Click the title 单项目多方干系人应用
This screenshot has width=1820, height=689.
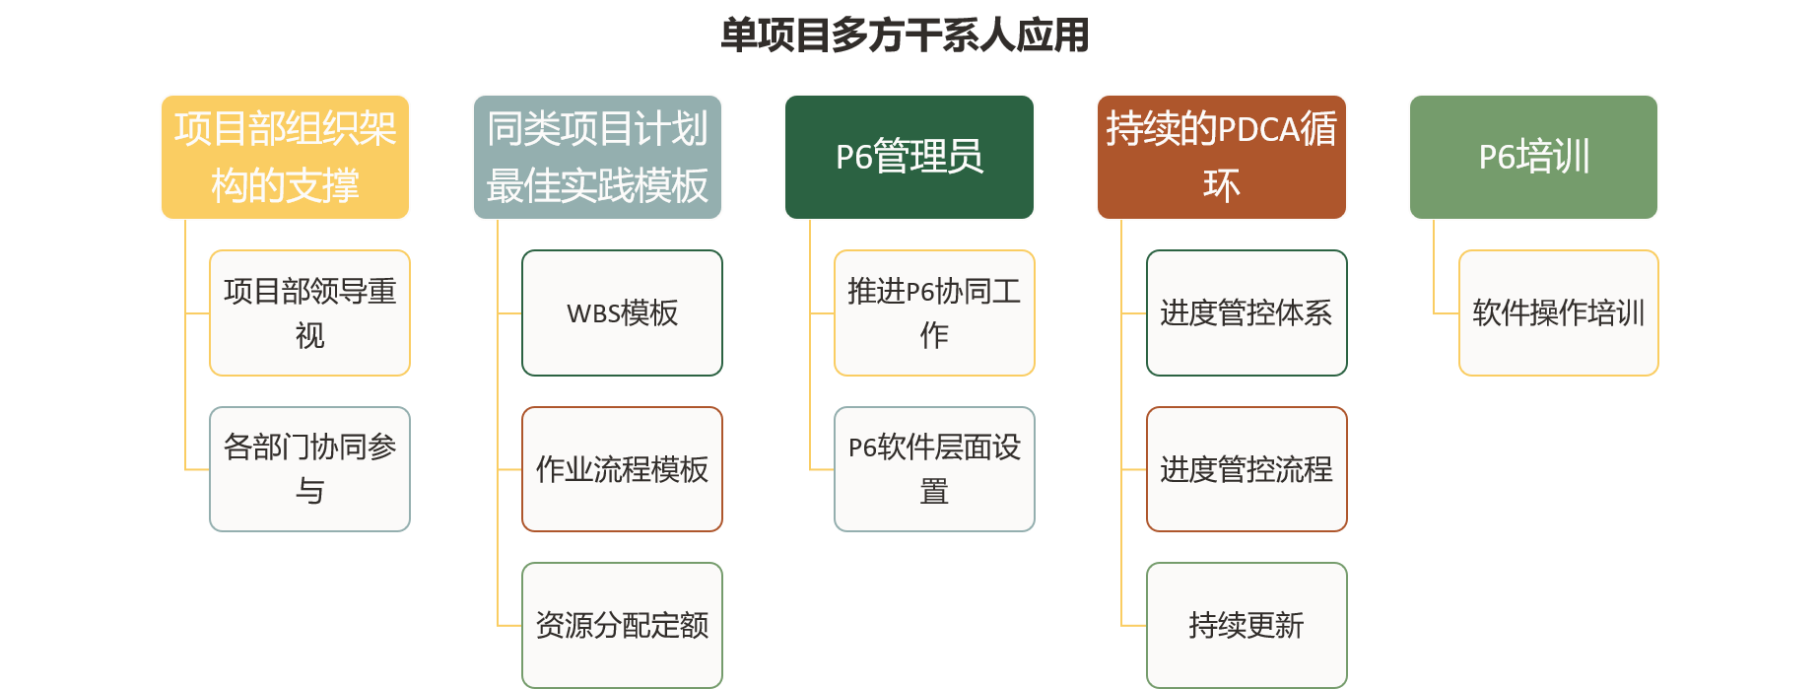(905, 35)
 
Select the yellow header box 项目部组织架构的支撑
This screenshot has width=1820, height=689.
(285, 157)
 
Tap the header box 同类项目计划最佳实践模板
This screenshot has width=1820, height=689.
(597, 157)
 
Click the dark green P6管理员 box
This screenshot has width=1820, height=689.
(909, 157)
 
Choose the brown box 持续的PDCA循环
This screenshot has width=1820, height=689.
(1221, 157)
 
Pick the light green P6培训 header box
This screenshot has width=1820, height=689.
(1533, 157)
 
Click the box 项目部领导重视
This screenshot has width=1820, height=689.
(309, 312)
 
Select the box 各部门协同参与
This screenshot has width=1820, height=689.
(309, 469)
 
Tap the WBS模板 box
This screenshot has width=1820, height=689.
(622, 312)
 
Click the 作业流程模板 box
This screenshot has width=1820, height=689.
(622, 469)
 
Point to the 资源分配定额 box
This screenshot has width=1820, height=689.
(622, 625)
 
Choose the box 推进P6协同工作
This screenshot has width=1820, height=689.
(934, 312)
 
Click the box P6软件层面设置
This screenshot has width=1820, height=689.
(934, 469)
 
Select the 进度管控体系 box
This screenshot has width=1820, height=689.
(1247, 312)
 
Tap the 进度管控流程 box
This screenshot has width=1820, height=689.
(1247, 469)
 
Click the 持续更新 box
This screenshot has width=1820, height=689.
(1247, 625)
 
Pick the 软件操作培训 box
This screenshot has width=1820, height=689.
(1558, 312)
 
